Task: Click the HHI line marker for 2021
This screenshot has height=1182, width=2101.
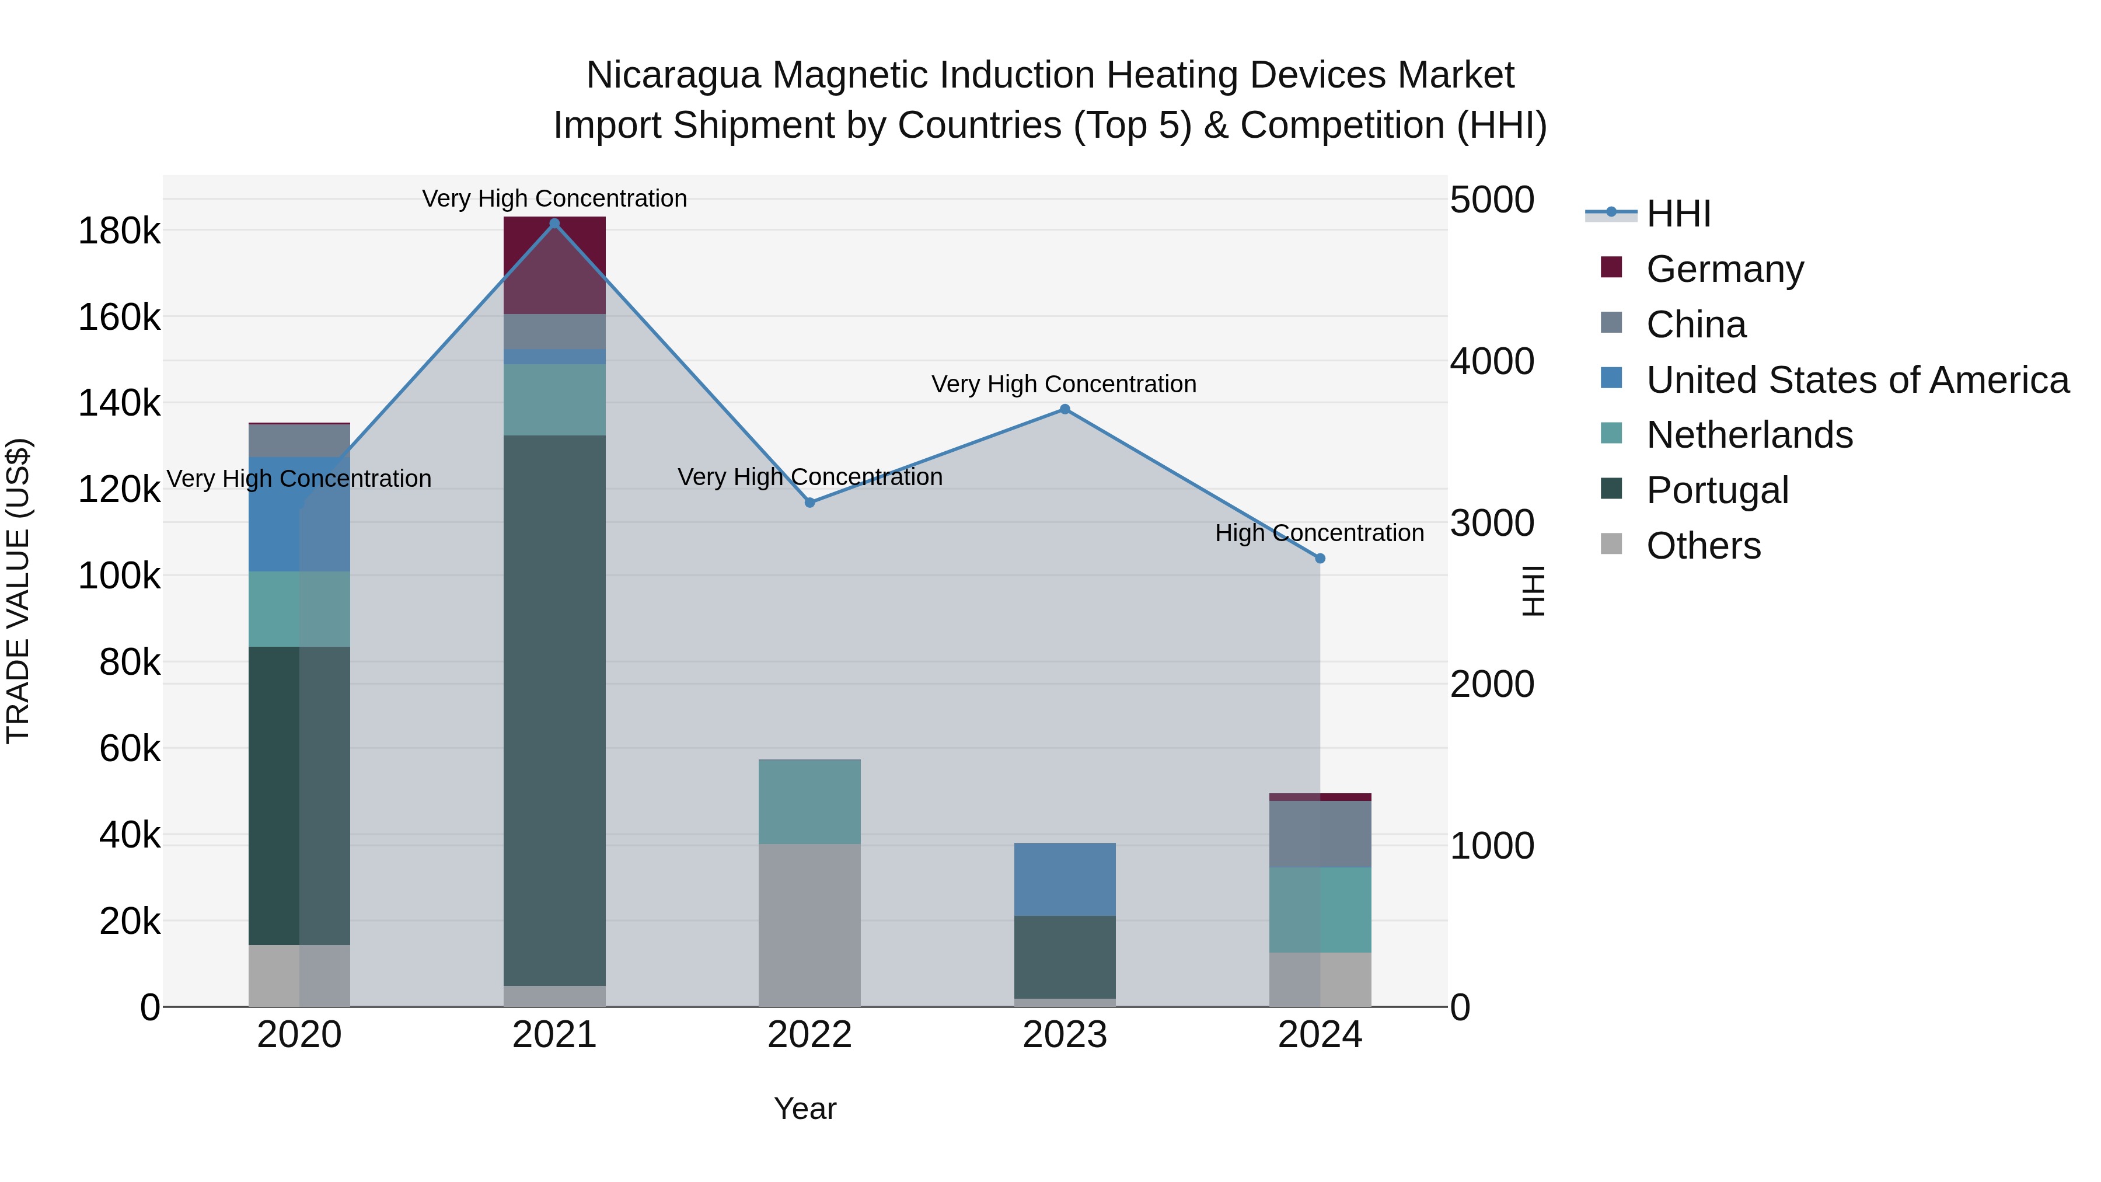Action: [554, 224]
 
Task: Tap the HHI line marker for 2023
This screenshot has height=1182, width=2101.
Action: [1065, 410]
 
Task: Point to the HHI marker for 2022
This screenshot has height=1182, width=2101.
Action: [810, 503]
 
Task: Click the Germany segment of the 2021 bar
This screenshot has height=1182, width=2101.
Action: [554, 265]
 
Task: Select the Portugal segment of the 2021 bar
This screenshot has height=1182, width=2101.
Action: [554, 710]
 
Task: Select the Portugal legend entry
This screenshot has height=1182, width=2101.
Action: [1717, 490]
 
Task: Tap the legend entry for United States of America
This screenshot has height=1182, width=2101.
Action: [1857, 380]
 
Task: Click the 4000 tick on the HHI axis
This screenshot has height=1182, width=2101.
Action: [1492, 361]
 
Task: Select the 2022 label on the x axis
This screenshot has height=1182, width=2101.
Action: [810, 1035]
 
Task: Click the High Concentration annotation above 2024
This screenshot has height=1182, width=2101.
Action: [1319, 533]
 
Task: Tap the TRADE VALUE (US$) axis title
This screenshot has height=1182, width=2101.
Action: [18, 591]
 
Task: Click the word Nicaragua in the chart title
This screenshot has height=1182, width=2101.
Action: [673, 75]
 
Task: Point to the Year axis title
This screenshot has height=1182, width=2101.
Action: [805, 1108]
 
